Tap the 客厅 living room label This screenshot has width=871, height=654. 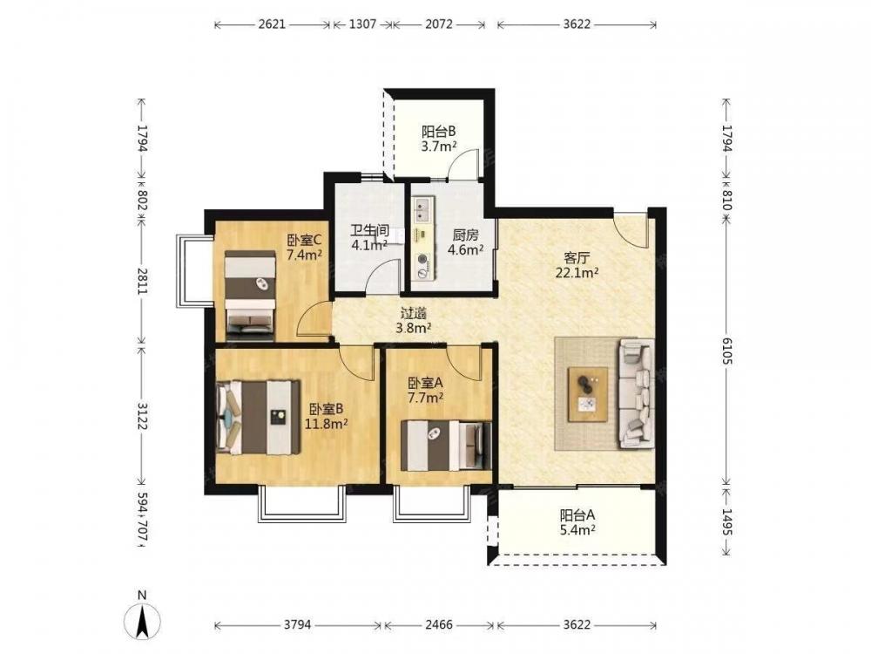tap(576, 258)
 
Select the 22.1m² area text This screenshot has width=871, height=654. tap(577, 272)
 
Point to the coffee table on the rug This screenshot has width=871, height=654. tap(587, 394)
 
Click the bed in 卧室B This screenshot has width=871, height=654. tap(258, 417)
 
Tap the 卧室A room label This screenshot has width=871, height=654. tap(425, 383)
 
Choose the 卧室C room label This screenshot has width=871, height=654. tap(304, 241)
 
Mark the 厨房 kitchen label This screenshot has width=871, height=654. tap(465, 235)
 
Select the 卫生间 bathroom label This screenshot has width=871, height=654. tap(369, 230)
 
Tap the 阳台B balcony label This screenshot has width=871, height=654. tap(438, 132)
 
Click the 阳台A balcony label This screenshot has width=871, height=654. tap(577, 515)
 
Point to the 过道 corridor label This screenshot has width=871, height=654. tap(413, 313)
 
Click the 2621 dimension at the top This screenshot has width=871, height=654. tap(272, 24)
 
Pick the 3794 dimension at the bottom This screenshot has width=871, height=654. tap(297, 624)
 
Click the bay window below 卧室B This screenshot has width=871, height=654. tap(301, 504)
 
